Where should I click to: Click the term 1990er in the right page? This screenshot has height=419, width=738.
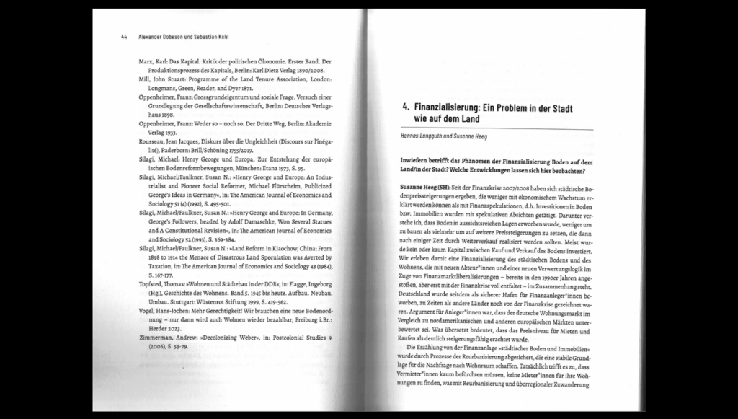click(x=539, y=277)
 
